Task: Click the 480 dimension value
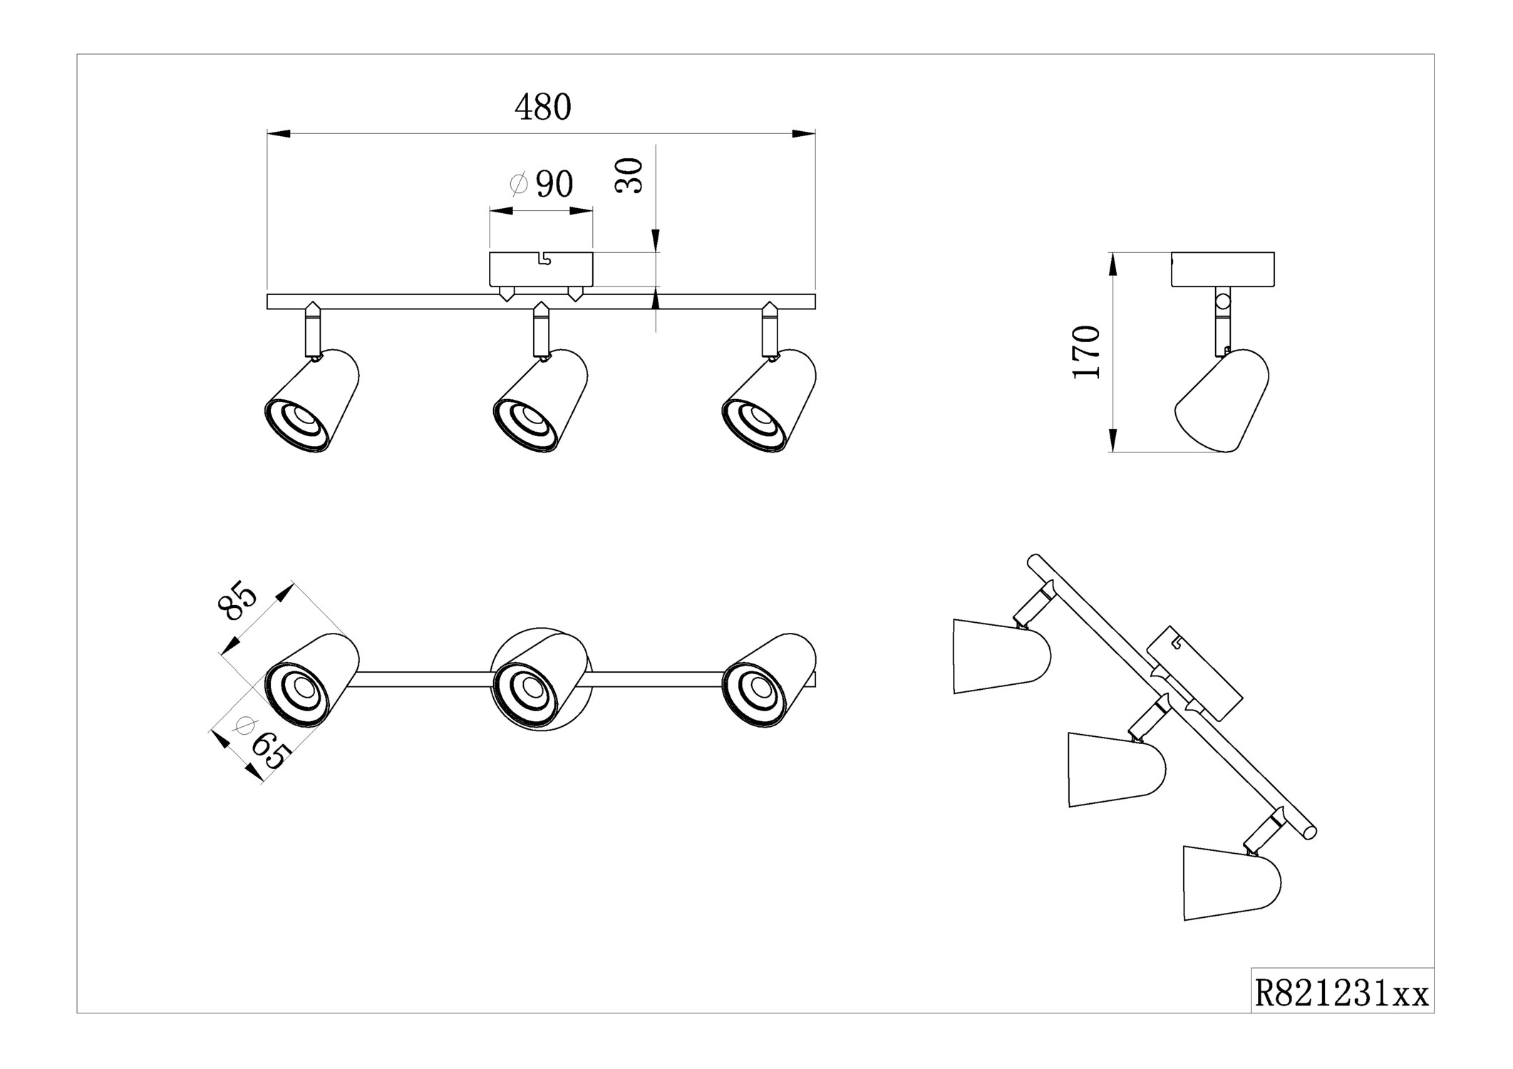pyautogui.click(x=543, y=108)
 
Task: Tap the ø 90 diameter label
pyautogui.click(x=542, y=185)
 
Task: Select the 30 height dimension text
pyautogui.click(x=630, y=176)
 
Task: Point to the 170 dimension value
pyautogui.click(x=1088, y=352)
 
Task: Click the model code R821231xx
pyautogui.click(x=1341, y=993)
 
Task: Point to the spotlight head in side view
pyautogui.click(x=1222, y=402)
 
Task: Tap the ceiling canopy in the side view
pyautogui.click(x=1223, y=269)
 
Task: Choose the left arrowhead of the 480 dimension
pyautogui.click(x=278, y=133)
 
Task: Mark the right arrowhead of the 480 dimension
pyautogui.click(x=805, y=133)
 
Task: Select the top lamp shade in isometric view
pyautogui.click(x=1001, y=656)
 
